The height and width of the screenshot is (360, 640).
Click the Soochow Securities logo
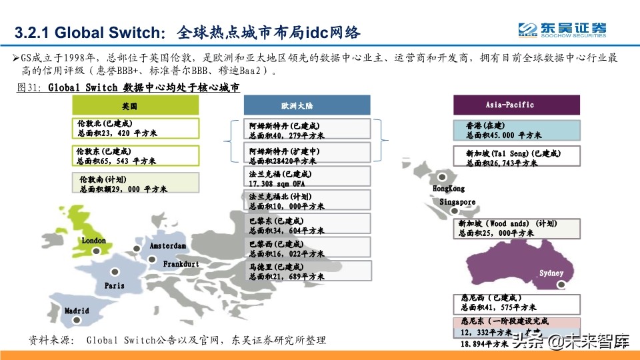[563, 29]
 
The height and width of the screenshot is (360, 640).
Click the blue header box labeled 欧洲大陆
[307, 105]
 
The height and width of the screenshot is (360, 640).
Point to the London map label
[94, 240]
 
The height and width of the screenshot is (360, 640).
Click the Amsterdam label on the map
[168, 246]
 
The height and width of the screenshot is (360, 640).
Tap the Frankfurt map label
[181, 264]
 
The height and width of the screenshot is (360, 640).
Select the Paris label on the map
[115, 285]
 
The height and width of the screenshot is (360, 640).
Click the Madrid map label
[77, 311]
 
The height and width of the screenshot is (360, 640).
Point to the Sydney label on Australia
[551, 273]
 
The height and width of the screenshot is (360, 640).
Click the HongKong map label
[449, 189]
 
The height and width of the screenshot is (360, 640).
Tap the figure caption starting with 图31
[127, 87]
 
